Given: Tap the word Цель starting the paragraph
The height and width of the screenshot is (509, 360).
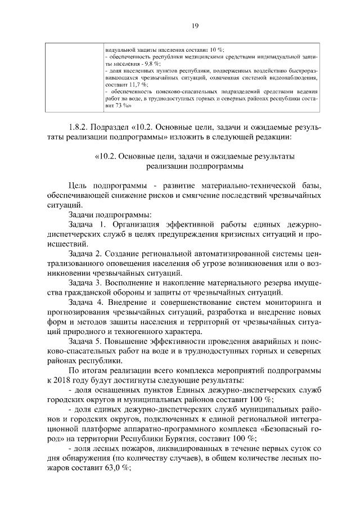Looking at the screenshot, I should [79, 186].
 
